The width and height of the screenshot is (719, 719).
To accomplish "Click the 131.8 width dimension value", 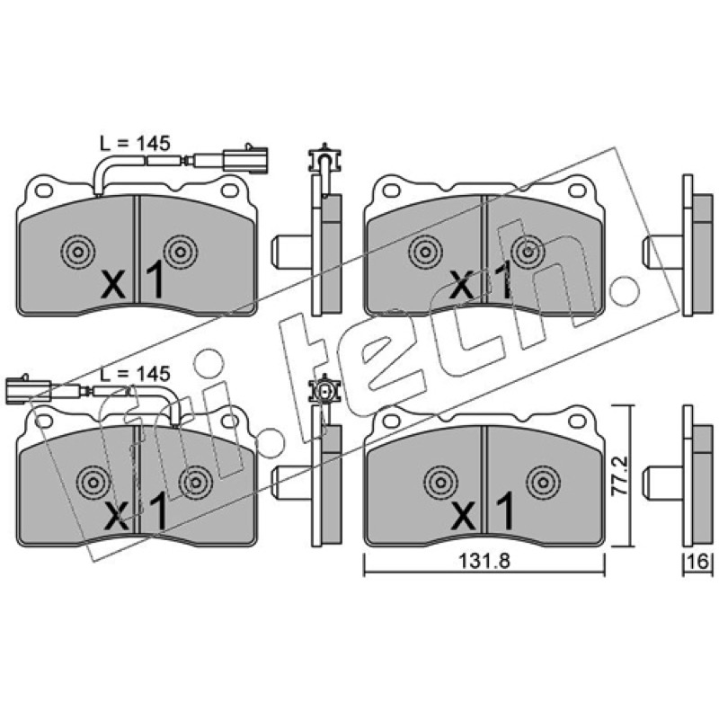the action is [x=484, y=561].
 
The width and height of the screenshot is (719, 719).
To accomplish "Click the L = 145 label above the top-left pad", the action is [x=135, y=144].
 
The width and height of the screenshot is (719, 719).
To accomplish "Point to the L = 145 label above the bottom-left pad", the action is [x=135, y=374].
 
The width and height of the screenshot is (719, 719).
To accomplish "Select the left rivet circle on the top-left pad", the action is [x=78, y=252].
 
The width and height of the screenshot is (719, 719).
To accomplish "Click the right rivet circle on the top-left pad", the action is [x=181, y=252].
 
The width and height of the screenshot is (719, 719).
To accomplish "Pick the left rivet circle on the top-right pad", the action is [x=426, y=252].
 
